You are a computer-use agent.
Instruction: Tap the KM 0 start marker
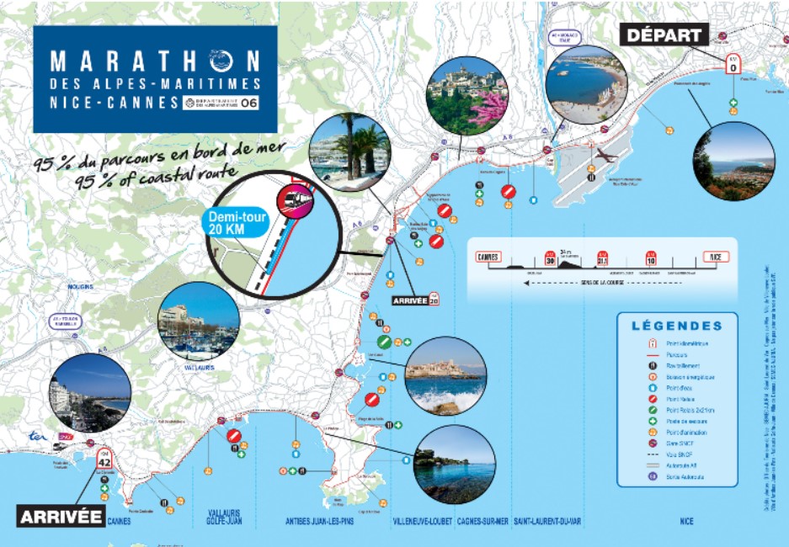[x=733, y=63]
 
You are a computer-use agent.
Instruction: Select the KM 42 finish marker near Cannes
[x=104, y=459]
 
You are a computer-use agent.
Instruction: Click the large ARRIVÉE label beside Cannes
[x=61, y=515]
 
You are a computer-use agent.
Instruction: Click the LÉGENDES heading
[x=676, y=326]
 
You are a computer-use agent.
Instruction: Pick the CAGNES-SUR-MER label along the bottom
[x=483, y=522]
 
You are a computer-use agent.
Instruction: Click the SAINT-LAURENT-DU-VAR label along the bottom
[x=547, y=522]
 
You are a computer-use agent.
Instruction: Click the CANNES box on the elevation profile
[x=488, y=258]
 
